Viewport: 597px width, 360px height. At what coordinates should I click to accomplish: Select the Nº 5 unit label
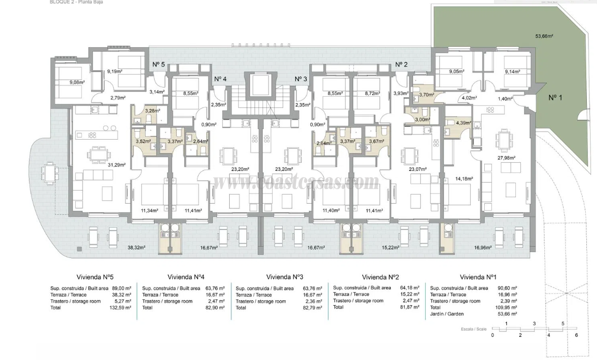pos(158,64)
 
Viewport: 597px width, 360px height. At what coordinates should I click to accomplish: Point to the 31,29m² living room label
pos(116,165)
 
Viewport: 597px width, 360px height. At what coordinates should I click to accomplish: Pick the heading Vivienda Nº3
pos(281,277)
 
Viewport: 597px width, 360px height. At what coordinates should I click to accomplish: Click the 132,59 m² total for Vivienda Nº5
pos(120,308)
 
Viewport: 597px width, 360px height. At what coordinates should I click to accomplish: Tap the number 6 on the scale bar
pos(576,335)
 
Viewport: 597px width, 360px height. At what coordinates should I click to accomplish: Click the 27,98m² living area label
pos(506,158)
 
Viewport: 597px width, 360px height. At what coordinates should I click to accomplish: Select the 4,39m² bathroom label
pos(462,123)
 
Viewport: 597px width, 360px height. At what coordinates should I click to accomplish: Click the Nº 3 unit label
pos(301,79)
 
